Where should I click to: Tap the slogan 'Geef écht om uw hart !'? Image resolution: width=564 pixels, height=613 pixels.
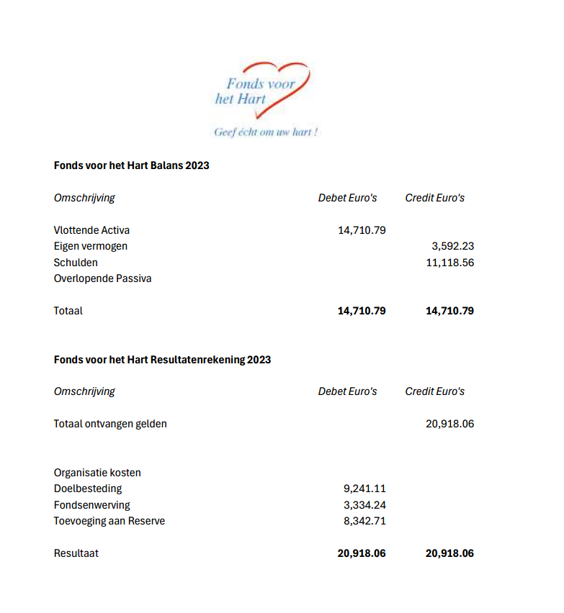point(266,132)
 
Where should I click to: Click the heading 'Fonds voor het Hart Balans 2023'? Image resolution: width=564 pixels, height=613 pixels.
point(131,165)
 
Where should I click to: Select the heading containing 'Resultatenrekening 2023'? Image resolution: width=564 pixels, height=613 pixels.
point(162,359)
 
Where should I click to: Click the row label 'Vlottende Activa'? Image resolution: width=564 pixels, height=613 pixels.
point(91,230)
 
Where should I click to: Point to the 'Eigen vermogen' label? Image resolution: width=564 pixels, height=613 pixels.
point(90,246)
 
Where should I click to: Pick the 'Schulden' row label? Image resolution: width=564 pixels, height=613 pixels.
point(76,263)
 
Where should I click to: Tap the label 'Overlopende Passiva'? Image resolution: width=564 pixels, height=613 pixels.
point(102,278)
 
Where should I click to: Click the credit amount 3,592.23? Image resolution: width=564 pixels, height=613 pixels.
point(452,246)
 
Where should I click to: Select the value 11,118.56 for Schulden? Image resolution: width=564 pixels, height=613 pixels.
point(449,263)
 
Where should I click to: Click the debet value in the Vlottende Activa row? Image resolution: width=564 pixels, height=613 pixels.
point(362,230)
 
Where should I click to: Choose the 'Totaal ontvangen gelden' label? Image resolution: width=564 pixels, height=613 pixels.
point(110,424)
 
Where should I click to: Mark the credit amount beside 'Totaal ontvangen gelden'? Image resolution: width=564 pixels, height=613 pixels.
point(449,424)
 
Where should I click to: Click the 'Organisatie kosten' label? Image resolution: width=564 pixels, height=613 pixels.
point(97,473)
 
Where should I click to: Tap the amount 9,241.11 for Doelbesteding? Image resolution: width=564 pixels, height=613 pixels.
point(364,489)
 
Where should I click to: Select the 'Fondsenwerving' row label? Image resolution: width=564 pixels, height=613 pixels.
point(91,505)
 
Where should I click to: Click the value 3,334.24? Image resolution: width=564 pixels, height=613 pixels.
point(364,505)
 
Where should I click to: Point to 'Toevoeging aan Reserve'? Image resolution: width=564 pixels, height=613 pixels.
point(109,521)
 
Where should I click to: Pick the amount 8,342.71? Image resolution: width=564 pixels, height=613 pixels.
point(364,521)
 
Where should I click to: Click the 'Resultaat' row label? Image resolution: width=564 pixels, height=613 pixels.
point(76,553)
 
